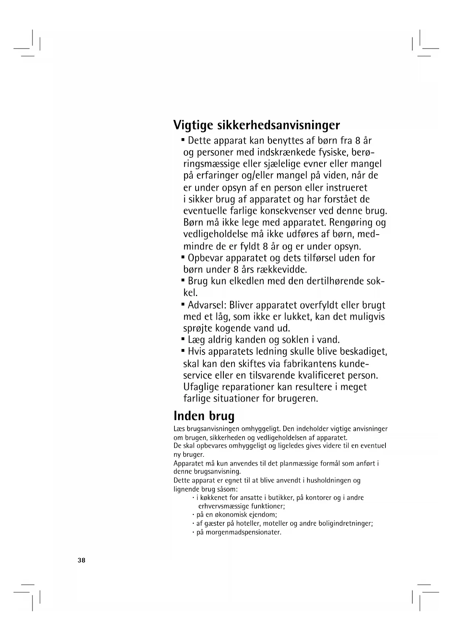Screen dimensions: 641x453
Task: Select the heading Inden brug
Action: tap(204, 416)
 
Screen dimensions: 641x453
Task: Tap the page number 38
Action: tap(81, 560)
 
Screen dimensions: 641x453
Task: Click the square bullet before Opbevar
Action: tap(183, 257)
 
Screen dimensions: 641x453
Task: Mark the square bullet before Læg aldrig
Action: tap(183, 339)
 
